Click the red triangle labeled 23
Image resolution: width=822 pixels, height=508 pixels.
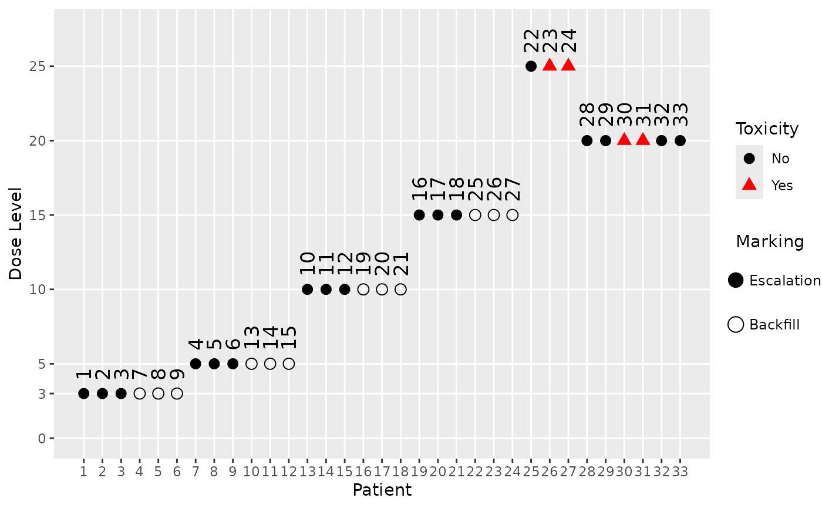[x=550, y=65]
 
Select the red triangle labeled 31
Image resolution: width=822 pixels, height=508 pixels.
[x=643, y=140]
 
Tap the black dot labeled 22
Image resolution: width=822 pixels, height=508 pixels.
[x=531, y=66]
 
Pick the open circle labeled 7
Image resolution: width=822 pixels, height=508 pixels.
[x=140, y=393]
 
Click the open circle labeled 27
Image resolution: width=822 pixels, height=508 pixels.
[x=513, y=215]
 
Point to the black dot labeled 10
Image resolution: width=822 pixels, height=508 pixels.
[x=307, y=290]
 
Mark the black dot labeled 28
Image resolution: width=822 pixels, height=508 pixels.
[x=587, y=141]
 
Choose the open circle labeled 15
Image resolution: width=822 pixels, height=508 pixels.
[x=289, y=364]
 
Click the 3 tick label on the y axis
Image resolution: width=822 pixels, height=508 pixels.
[x=42, y=393]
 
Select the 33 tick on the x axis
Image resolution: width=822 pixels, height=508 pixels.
[x=680, y=472]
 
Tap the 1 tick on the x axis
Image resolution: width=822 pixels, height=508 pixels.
[x=83, y=472]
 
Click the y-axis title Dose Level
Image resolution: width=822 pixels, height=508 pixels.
[x=15, y=233]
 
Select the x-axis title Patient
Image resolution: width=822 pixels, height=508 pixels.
[x=382, y=490]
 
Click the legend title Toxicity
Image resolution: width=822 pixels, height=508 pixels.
[x=767, y=129]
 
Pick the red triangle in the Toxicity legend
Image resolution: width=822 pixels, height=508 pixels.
[x=749, y=185]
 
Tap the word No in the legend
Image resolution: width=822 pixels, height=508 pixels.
[x=780, y=159]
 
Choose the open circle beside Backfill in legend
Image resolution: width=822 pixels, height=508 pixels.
[x=736, y=325]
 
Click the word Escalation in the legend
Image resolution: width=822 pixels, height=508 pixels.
[x=784, y=281]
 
